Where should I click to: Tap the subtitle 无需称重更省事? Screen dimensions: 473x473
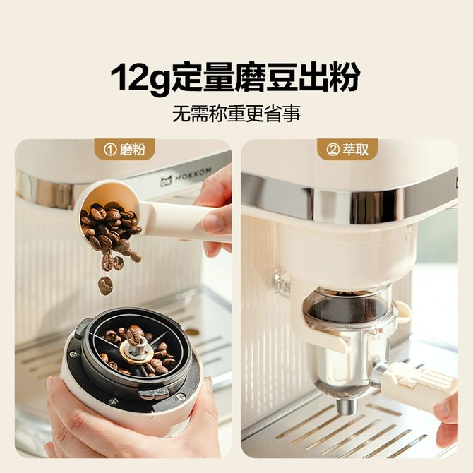click(x=236, y=114)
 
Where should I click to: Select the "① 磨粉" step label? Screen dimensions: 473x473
click(x=124, y=150)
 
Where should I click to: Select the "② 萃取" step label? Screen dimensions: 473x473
click(x=347, y=150)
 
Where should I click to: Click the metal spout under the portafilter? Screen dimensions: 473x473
click(x=346, y=407)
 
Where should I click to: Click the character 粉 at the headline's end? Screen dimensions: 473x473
click(x=345, y=77)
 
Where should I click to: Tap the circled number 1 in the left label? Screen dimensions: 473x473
click(x=109, y=150)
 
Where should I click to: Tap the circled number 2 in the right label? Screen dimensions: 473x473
click(x=332, y=150)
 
